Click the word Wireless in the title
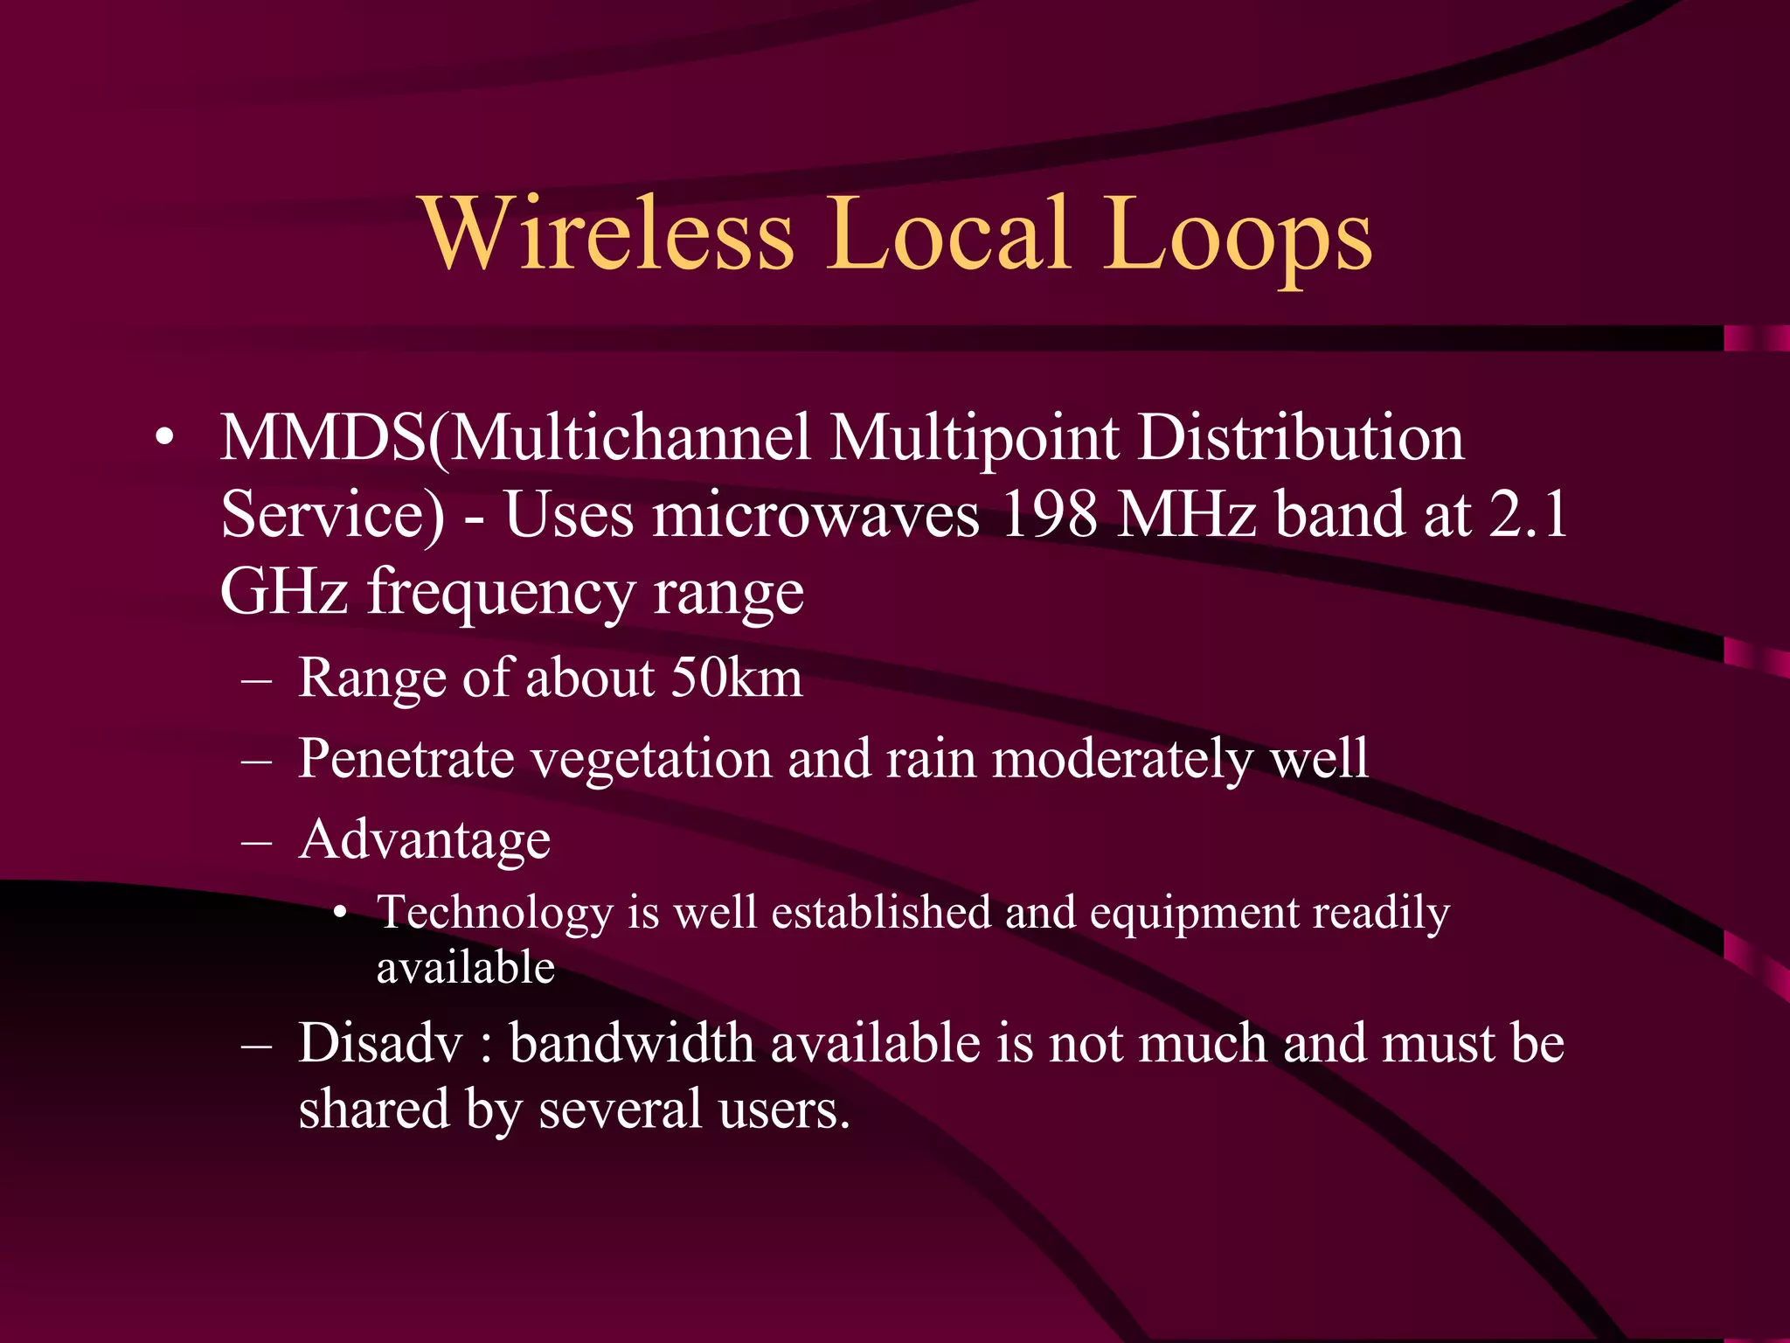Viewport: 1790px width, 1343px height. [609, 233]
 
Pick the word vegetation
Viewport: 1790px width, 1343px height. [651, 758]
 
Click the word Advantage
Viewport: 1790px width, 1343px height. [425, 839]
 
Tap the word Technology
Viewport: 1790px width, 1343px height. [495, 914]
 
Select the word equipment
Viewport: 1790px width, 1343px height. [1194, 913]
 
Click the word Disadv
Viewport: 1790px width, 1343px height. [380, 1044]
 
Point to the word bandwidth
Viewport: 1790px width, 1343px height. [631, 1044]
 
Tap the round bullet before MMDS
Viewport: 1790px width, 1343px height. [164, 439]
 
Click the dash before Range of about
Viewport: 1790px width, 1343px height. [257, 680]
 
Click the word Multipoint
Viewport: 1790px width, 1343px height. [975, 439]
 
